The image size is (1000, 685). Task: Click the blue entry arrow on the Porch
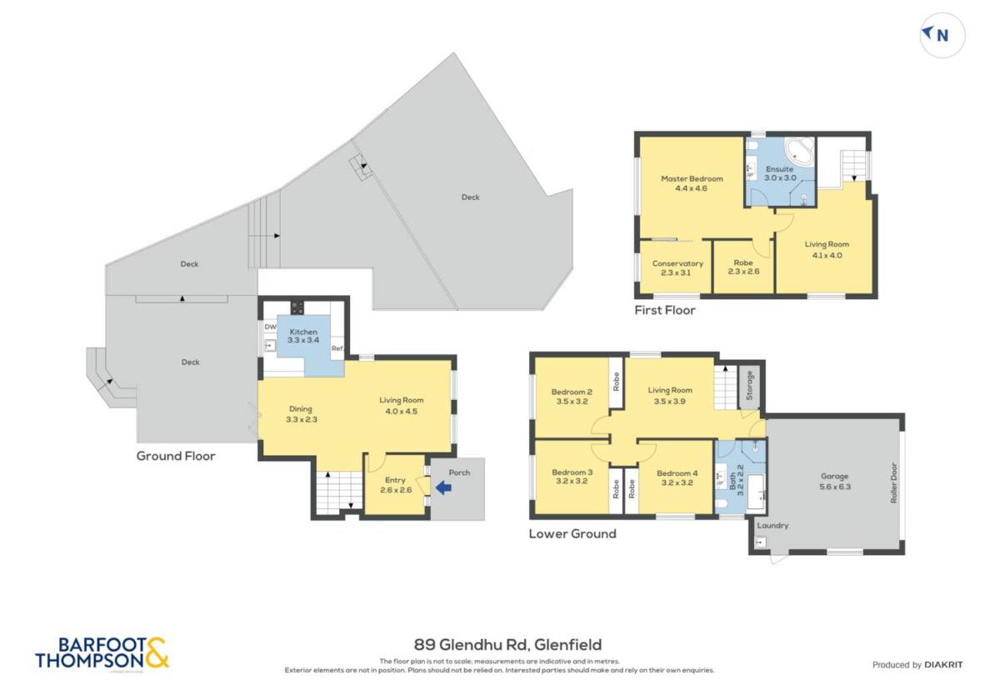point(443,488)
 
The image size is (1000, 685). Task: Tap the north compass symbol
point(942,35)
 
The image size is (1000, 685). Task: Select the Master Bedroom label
point(692,178)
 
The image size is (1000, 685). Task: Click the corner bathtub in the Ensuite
point(800,152)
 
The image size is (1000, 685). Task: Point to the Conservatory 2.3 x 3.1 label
point(677,268)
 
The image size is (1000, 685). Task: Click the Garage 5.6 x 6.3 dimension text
point(835,487)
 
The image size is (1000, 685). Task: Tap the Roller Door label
point(893,483)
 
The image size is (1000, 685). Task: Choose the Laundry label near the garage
point(772,526)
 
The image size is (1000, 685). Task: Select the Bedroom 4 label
point(677,472)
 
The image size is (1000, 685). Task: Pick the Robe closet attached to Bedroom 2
point(617,382)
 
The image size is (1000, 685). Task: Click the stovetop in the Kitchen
point(297,307)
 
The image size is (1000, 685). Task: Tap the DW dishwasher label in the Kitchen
point(270,327)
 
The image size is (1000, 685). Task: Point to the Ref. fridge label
point(337,348)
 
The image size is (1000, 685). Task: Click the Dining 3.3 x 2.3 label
point(302,414)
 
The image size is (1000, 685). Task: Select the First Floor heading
point(665,310)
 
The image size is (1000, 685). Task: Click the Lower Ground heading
point(572,533)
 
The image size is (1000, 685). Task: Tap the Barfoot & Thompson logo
point(102,653)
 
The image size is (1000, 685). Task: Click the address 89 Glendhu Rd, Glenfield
point(507,645)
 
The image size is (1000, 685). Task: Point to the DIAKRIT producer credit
point(943,665)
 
